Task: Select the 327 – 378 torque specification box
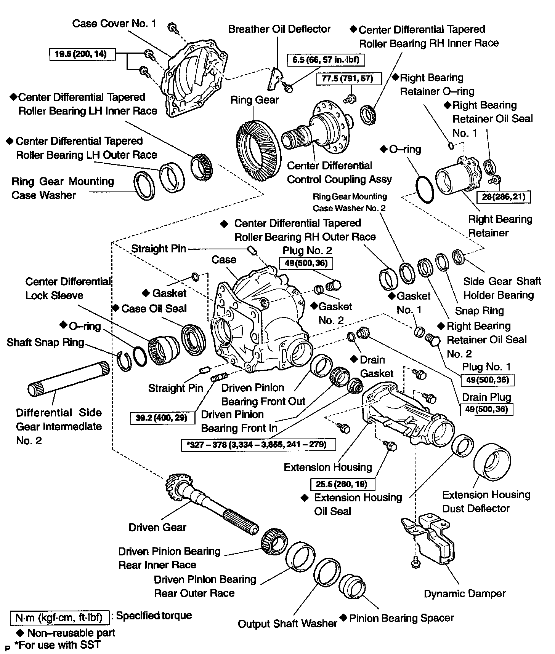pyautogui.click(x=258, y=444)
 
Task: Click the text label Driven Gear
pyautogui.click(x=157, y=527)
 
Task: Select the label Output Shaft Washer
pyautogui.click(x=287, y=624)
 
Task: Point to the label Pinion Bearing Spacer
pyautogui.click(x=401, y=618)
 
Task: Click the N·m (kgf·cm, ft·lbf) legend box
pyautogui.click(x=59, y=617)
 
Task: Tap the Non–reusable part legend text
pyautogui.click(x=71, y=633)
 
